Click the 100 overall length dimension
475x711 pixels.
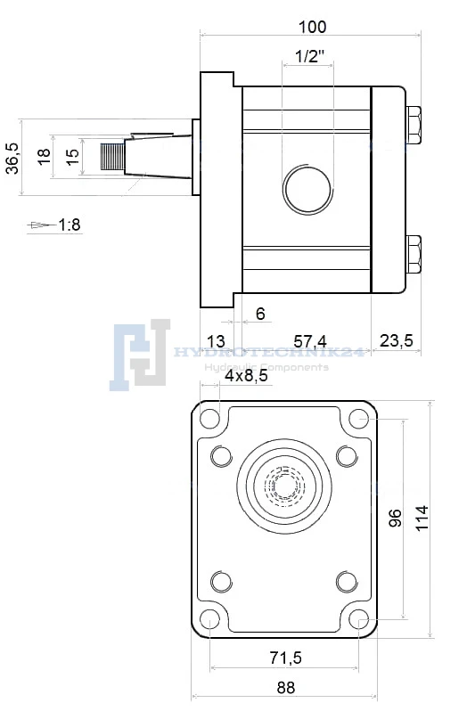click(x=312, y=27)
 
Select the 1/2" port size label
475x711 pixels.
click(x=310, y=56)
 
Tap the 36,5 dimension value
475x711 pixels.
click(x=12, y=158)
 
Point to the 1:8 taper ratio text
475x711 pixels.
click(x=70, y=225)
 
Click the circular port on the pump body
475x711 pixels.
click(x=307, y=190)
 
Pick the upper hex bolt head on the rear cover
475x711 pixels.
click(x=414, y=125)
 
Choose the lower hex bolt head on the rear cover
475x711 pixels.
click(x=414, y=254)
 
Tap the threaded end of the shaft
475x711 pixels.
click(x=112, y=157)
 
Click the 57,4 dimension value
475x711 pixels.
click(x=310, y=341)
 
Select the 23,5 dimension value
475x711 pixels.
click(x=396, y=340)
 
